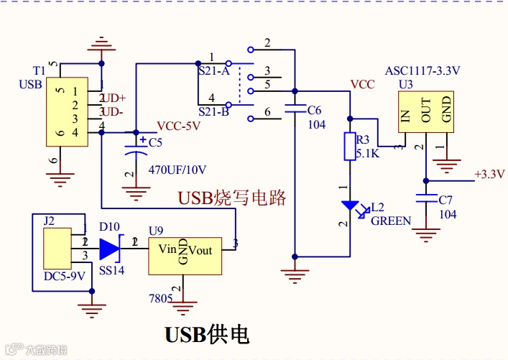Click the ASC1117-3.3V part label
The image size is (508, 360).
pos(422,70)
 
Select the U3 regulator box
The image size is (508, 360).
pos(427,112)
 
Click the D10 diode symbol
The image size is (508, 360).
pos(109,248)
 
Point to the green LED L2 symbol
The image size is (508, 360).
pos(350,206)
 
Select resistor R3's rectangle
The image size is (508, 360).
pos(350,146)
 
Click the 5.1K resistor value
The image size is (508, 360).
pos(369,152)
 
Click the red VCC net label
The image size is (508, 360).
pos(362,84)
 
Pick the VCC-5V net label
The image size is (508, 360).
pos(178,125)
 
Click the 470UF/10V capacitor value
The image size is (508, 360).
pos(177,170)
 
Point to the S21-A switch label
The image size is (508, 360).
pos(213,72)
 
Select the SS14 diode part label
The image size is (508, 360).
pos(111,271)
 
